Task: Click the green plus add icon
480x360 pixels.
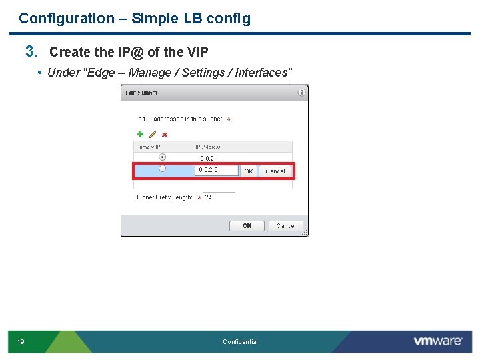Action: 141,134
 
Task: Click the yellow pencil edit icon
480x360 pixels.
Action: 153,134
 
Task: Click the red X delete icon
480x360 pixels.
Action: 165,134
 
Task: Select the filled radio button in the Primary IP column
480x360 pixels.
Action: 162,157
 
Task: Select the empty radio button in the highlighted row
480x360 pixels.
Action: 162,169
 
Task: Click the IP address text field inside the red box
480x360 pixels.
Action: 215,171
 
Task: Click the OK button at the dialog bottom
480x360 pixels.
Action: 247,226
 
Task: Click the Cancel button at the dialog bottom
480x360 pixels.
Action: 285,226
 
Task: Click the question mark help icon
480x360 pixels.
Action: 302,92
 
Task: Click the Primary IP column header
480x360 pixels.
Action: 150,147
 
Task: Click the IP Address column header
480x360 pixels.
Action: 208,147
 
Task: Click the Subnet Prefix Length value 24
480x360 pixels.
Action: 209,197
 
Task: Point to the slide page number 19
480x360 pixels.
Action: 21,342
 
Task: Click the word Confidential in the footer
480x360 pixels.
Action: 240,342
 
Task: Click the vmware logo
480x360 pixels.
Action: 437,341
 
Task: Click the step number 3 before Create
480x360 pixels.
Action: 30,51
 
